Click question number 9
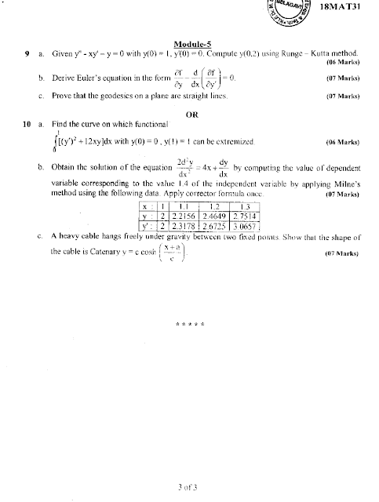(27, 56)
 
